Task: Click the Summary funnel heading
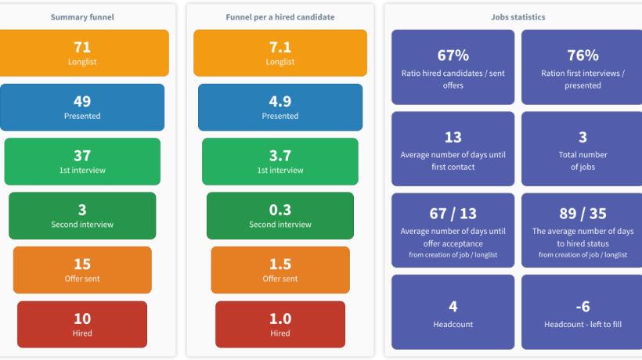click(82, 17)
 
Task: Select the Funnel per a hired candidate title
click(280, 17)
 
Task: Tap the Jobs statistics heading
click(518, 17)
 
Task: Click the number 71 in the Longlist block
click(82, 47)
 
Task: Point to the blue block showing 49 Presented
click(82, 107)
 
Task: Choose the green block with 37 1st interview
click(82, 161)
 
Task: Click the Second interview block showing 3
click(82, 215)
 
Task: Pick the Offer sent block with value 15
click(82, 270)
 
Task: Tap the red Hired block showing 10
click(82, 325)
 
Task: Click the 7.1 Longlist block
click(280, 52)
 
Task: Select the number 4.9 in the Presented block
click(280, 102)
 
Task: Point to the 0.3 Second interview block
click(280, 215)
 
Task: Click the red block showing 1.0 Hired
click(280, 325)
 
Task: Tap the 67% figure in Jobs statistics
click(453, 56)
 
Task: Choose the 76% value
click(582, 56)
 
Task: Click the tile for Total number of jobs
click(582, 149)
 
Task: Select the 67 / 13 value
click(453, 214)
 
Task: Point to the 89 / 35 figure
click(582, 214)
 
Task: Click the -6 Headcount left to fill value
click(582, 307)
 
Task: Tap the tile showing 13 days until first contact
click(453, 149)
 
